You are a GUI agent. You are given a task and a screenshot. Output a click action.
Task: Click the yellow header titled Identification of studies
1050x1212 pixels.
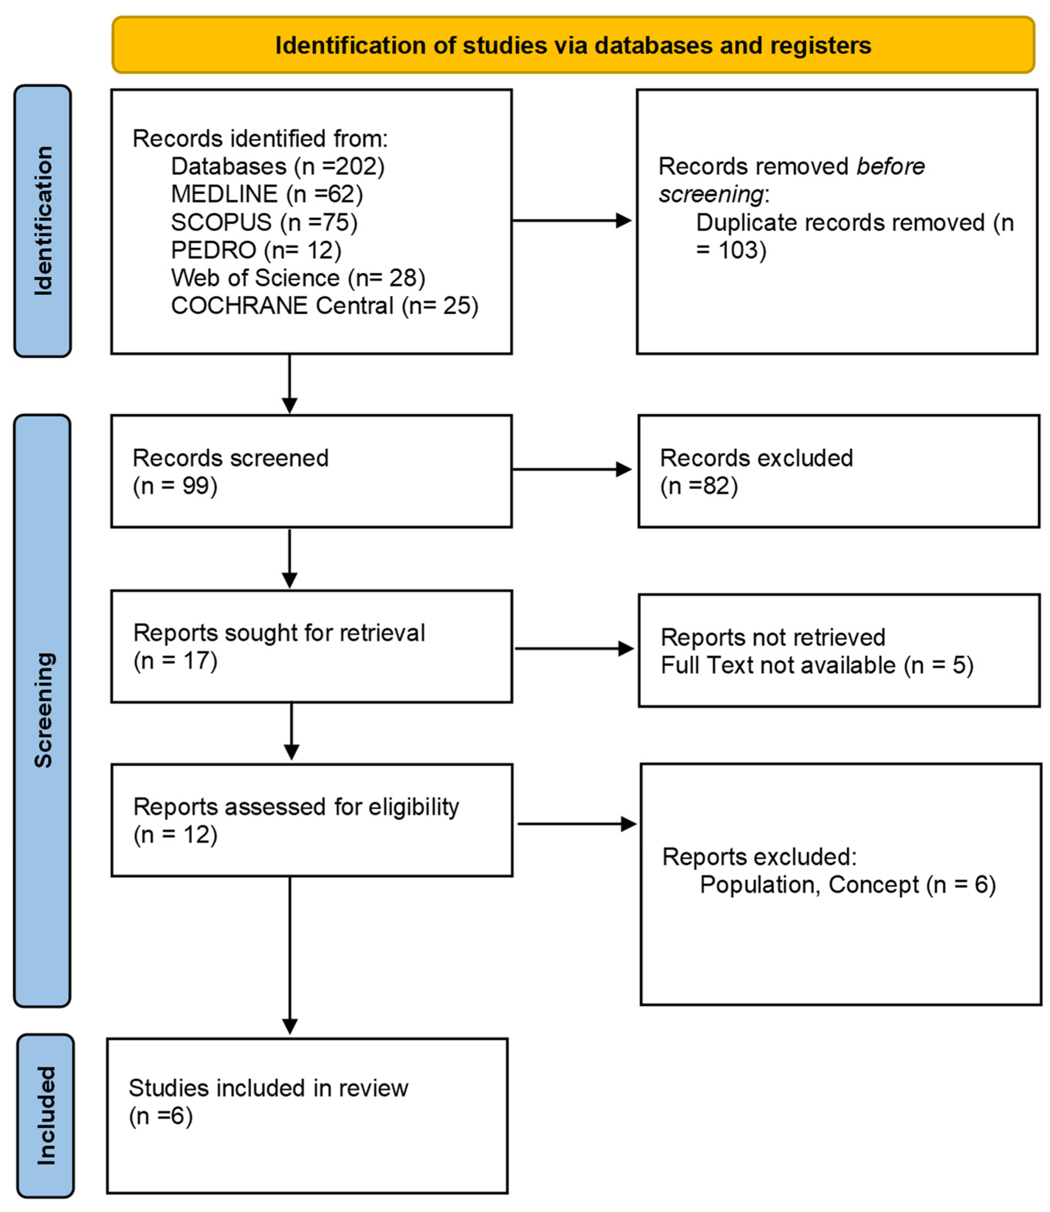[x=573, y=45]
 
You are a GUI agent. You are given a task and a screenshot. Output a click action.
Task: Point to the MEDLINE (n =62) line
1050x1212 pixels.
[x=267, y=194]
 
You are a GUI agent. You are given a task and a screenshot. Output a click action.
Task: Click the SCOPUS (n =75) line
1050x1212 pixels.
[x=264, y=222]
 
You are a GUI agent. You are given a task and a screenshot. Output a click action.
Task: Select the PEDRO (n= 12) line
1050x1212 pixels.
[x=256, y=250]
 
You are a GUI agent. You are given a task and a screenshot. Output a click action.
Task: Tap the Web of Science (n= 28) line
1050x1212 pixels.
[x=298, y=278]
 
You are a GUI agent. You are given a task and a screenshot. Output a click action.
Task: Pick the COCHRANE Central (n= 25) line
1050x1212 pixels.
[x=324, y=306]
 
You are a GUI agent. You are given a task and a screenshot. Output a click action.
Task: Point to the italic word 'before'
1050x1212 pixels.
[x=890, y=166]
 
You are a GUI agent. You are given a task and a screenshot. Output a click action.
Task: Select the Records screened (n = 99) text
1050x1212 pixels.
[x=230, y=472]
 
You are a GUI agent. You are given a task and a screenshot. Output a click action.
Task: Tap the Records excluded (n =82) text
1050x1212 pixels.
[x=756, y=472]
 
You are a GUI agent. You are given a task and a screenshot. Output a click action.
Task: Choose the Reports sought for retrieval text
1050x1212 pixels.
[x=279, y=633]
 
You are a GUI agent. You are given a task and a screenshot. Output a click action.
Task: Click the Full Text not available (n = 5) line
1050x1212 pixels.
[x=817, y=665]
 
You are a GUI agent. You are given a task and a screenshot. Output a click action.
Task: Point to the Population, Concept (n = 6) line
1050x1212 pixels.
[x=847, y=885]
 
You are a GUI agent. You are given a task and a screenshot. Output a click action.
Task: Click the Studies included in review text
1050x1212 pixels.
[x=268, y=1088]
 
